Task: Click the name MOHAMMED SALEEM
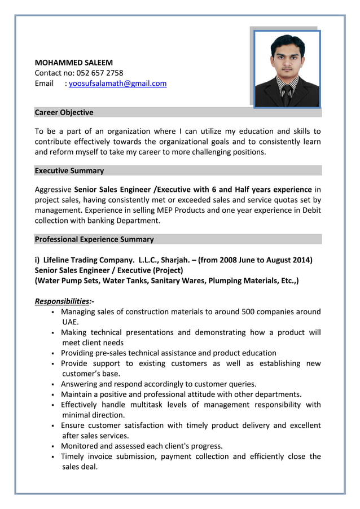point(74,63)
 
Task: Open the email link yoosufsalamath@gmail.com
point(117,84)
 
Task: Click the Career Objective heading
point(64,112)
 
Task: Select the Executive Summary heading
point(69,170)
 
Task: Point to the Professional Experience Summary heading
point(94,239)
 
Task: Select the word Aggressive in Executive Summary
point(53,190)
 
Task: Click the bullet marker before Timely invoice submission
point(52,457)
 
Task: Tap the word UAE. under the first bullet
point(71,322)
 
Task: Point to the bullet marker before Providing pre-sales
point(52,353)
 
